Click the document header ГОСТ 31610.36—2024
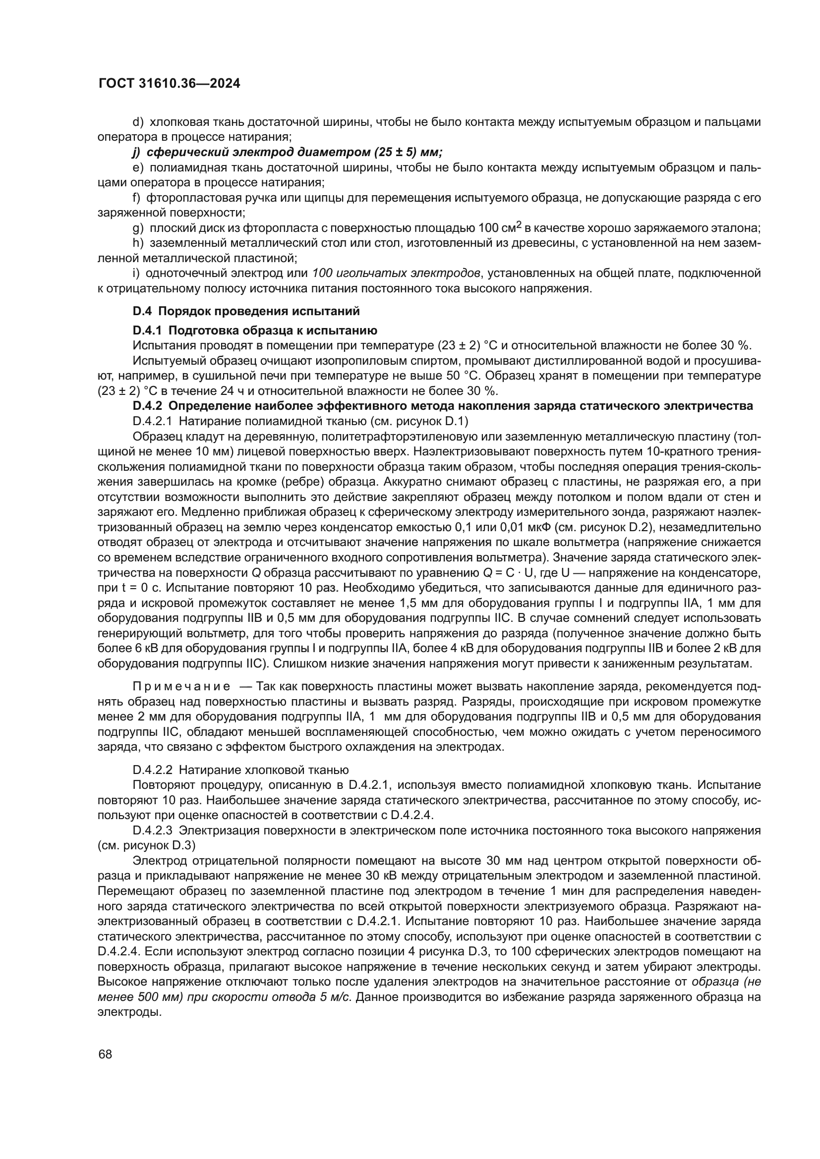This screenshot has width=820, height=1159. tap(169, 84)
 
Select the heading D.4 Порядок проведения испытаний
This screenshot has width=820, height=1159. tap(246, 311)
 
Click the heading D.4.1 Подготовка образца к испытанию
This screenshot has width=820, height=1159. tap(255, 331)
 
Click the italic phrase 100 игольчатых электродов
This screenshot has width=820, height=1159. tap(396, 273)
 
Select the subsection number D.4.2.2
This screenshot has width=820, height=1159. tap(153, 770)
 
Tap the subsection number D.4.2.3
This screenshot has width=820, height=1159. tap(153, 830)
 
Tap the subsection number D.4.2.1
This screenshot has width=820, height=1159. tap(153, 421)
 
